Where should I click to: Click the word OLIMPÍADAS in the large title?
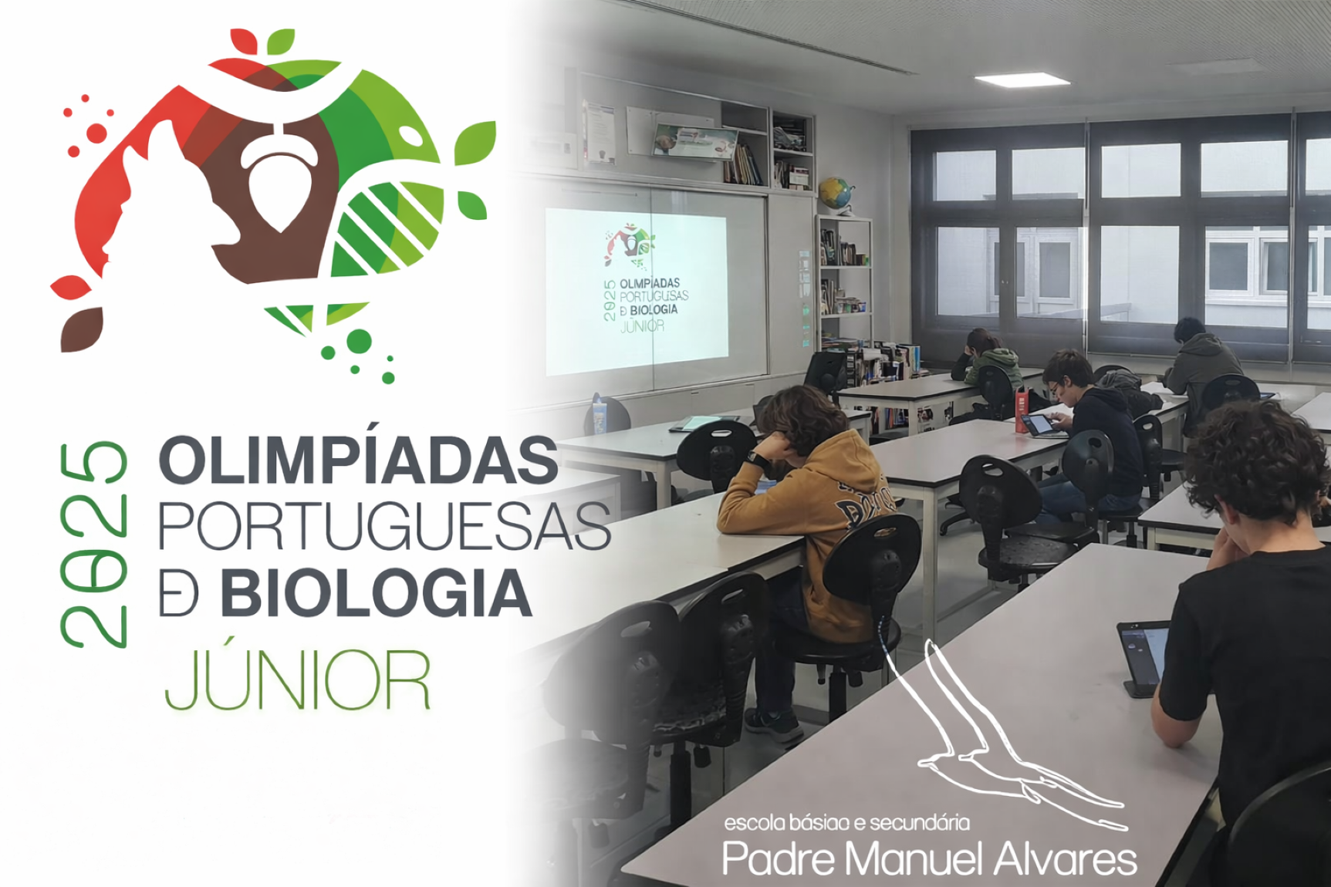point(357,461)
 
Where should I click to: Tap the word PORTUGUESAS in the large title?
point(383,527)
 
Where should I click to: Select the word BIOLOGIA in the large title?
point(376,594)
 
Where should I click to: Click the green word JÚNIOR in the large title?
point(297,680)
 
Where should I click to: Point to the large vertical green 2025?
point(93,544)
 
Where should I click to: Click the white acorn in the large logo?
point(280,182)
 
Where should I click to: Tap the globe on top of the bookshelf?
point(836,192)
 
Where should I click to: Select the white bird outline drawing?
point(995,740)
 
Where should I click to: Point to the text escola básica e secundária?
point(846,823)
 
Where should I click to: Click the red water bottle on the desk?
point(1022,410)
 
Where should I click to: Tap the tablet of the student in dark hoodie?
point(1042,425)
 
